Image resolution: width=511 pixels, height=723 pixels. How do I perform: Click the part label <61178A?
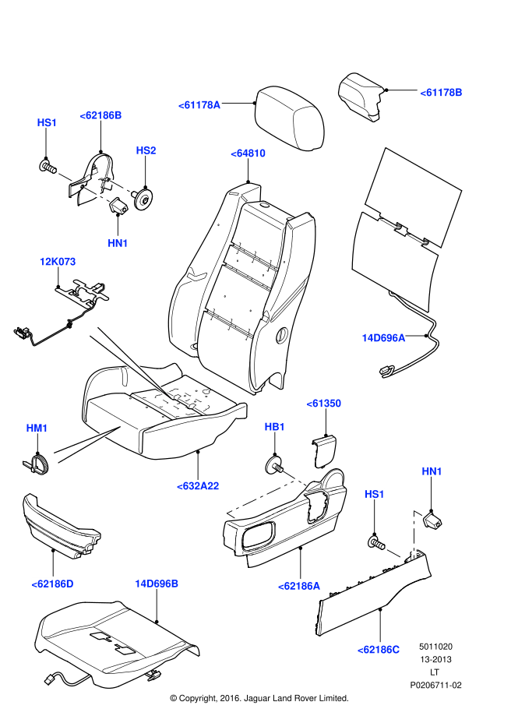point(199,105)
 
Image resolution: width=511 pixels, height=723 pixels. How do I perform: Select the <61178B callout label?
point(442,93)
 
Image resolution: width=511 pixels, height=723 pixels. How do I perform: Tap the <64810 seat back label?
point(248,153)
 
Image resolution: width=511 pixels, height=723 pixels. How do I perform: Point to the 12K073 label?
point(59,261)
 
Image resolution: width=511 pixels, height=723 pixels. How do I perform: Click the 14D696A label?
point(383,338)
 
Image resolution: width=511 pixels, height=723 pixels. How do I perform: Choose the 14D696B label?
point(157,583)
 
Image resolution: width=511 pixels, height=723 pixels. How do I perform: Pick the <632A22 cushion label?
point(198,485)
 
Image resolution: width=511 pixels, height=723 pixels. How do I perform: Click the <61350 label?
point(323,404)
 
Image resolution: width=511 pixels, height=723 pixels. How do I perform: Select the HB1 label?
point(275,427)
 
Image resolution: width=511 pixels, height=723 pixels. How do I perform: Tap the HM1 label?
point(37,428)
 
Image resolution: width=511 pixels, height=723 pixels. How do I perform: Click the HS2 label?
point(146,150)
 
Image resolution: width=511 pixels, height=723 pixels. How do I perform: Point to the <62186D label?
point(52,583)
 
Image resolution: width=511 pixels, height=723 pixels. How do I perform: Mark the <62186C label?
point(379,649)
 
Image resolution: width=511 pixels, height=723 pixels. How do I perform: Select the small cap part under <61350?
point(324,450)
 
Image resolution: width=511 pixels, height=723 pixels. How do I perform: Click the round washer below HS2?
point(143,199)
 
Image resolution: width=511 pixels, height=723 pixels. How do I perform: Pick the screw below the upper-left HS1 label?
point(47,165)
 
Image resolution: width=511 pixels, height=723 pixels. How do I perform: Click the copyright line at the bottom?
point(259,698)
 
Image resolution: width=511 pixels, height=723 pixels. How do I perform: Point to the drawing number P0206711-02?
point(436,685)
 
